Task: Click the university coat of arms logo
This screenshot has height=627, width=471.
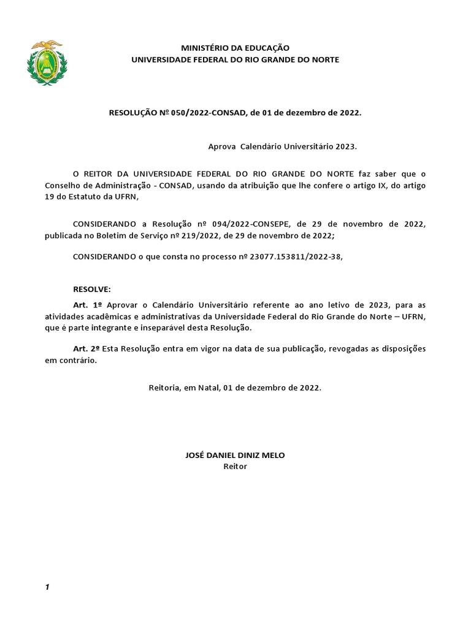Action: tap(47, 63)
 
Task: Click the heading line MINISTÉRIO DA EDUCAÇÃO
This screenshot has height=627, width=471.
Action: tap(235, 48)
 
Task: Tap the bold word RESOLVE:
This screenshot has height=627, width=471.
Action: tap(92, 289)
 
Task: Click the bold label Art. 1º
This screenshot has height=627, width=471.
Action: tap(86, 305)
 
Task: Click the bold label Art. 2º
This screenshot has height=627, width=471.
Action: tap(86, 348)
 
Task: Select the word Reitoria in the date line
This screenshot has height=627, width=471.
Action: tap(165, 388)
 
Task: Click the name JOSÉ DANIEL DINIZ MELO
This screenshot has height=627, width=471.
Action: tap(235, 455)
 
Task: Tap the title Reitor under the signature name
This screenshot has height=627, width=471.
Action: tap(235, 467)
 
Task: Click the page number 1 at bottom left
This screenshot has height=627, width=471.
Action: tap(47, 588)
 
